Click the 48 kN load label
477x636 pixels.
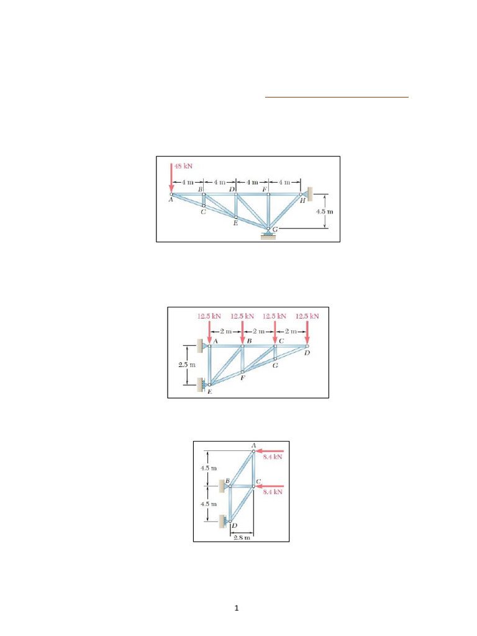coord(183,166)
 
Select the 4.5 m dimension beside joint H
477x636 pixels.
coord(324,211)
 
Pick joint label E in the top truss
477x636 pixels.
coord(235,223)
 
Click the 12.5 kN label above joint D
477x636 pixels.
coord(307,316)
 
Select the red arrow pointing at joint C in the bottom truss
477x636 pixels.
coord(271,486)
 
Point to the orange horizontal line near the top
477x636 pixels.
coord(337,98)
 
